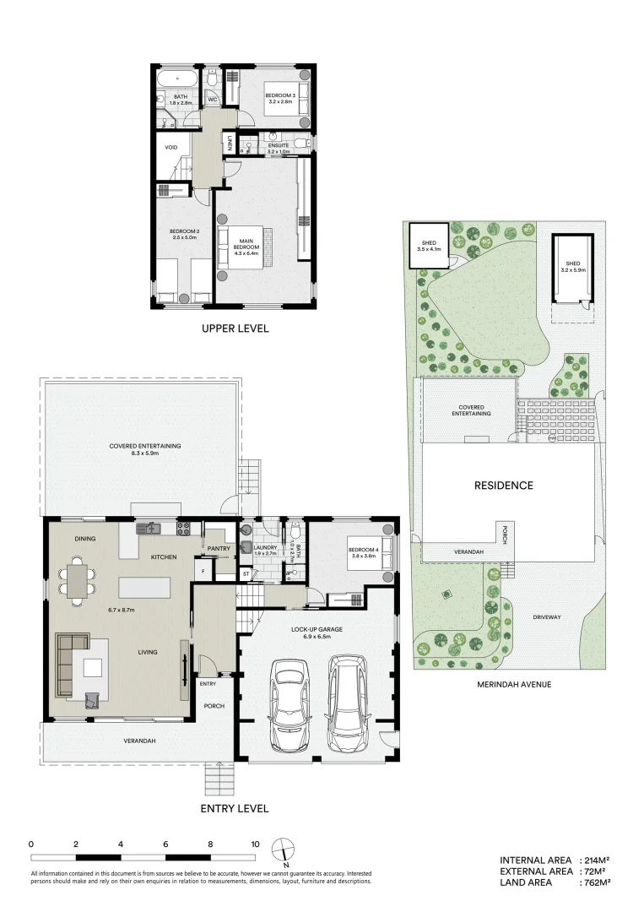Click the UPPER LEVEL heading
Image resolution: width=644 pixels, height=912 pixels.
point(234,328)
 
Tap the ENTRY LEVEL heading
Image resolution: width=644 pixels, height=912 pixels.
point(234,808)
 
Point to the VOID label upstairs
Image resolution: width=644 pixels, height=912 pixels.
point(171,148)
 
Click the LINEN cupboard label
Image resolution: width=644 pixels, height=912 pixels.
point(229,144)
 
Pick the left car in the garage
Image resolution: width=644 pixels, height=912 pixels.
point(290,706)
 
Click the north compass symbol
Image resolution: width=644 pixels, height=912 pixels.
point(287,848)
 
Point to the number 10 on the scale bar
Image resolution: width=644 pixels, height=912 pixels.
point(255,844)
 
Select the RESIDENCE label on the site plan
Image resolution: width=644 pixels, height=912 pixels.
point(503,485)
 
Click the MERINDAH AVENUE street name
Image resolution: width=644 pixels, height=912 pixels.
point(513,684)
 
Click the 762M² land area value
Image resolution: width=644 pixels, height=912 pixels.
point(595,882)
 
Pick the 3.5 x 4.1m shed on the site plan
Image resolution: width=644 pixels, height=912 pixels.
point(428,245)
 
